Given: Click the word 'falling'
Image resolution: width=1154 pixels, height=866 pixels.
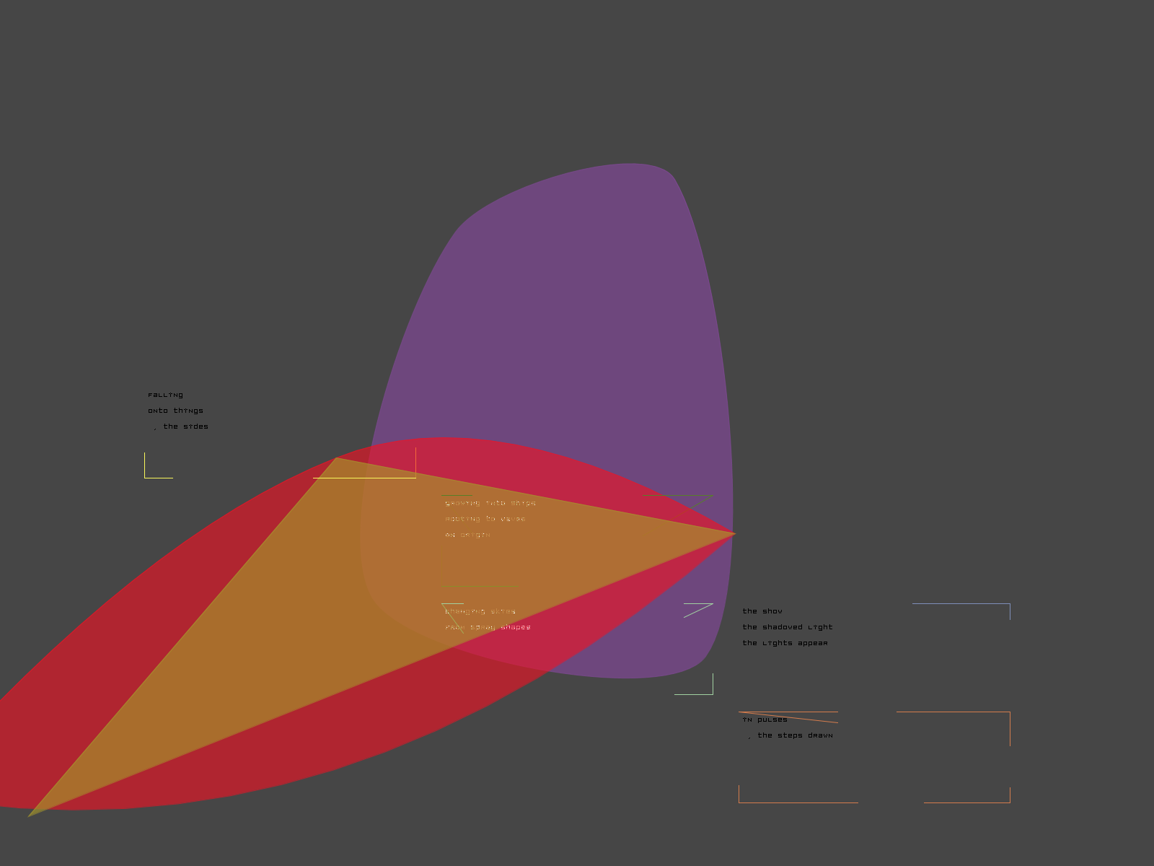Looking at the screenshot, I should [x=165, y=395].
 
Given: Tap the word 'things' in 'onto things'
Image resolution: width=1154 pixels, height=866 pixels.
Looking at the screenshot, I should [x=188, y=411].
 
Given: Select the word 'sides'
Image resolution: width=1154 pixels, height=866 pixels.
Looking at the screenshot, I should [x=195, y=427].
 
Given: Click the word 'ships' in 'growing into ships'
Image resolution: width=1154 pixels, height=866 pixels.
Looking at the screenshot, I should [x=523, y=503].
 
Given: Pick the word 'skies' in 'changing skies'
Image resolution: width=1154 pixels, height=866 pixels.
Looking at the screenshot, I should [x=503, y=611].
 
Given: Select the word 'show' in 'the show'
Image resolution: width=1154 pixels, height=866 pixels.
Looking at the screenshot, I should [x=772, y=611].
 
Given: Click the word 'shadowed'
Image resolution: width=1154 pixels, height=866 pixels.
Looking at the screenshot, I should [x=783, y=627].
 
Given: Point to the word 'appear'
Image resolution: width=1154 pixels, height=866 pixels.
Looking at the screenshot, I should [x=813, y=643].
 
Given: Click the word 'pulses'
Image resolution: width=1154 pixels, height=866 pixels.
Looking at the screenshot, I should [x=772, y=720].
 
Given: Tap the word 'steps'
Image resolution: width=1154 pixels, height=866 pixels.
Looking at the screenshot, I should [x=785, y=735].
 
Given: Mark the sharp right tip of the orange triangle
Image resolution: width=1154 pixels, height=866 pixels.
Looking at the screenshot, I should [x=734, y=534].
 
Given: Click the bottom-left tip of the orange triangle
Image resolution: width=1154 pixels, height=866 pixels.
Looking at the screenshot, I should [x=30, y=815].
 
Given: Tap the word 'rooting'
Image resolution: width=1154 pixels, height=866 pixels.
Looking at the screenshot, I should [x=462, y=519].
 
